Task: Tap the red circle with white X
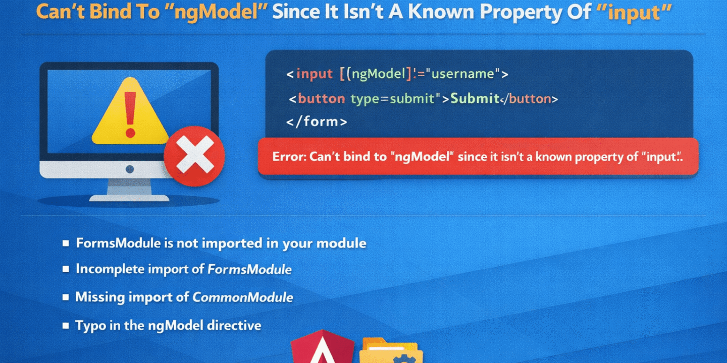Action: (194, 156)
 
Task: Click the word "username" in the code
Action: (463, 74)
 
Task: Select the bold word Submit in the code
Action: (475, 98)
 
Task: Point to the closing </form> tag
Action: (317, 122)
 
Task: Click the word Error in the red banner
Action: (289, 157)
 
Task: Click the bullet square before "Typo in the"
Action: (66, 325)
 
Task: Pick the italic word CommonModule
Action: (242, 297)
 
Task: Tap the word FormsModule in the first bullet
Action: (118, 243)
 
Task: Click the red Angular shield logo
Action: (322, 346)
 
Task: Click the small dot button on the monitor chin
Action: (130, 169)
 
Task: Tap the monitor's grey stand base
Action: (129, 198)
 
